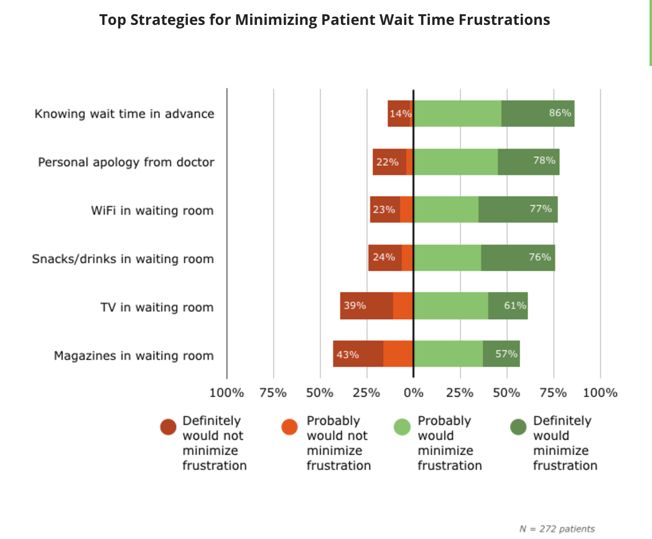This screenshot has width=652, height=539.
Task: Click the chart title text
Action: tap(325, 20)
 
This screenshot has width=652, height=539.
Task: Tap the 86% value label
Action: tap(561, 113)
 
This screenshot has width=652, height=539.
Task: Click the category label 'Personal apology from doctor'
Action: tap(126, 162)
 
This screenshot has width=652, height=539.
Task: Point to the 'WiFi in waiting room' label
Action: tap(152, 210)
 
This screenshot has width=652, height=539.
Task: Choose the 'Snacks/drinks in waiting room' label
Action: tap(123, 259)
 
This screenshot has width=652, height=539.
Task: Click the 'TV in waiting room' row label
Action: tap(157, 307)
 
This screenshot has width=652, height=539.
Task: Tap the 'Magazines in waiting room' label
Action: tap(134, 356)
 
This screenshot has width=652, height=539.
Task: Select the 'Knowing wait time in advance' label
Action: tap(124, 114)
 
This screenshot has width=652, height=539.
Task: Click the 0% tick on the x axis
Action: tap(413, 393)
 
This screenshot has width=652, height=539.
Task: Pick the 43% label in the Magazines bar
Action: tap(347, 355)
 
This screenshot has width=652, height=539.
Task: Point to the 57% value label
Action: tap(506, 354)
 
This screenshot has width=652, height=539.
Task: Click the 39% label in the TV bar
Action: tap(355, 306)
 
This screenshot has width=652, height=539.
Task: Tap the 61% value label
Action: tap(515, 306)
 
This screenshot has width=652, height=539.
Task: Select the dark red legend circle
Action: tap(169, 427)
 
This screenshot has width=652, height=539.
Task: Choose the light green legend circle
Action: tap(403, 427)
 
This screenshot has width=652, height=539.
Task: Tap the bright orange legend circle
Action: tap(290, 427)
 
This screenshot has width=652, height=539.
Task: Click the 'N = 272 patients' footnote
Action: tap(557, 529)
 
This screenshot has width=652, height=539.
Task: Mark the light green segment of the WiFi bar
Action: tap(446, 210)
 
